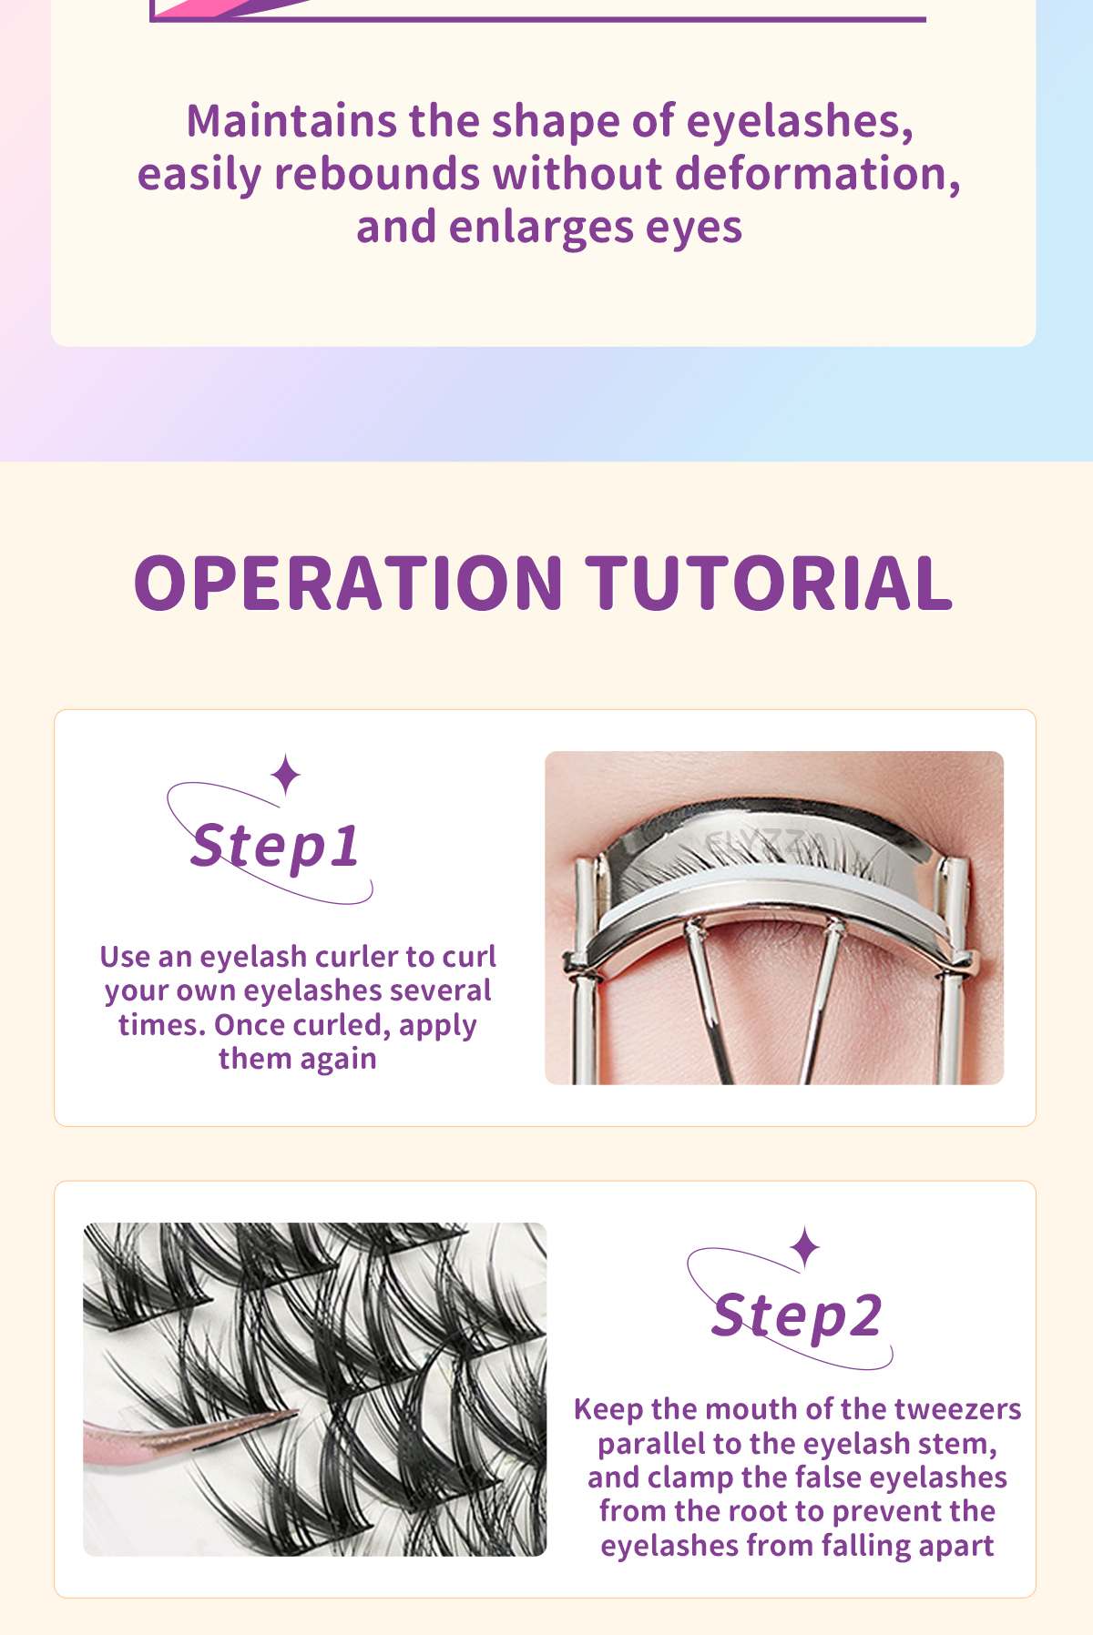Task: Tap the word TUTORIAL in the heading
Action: pos(769,584)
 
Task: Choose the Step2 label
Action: pos(797,1316)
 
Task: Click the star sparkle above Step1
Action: pos(286,774)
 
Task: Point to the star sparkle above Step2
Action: pos(805,1247)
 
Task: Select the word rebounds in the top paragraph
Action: pos(376,174)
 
